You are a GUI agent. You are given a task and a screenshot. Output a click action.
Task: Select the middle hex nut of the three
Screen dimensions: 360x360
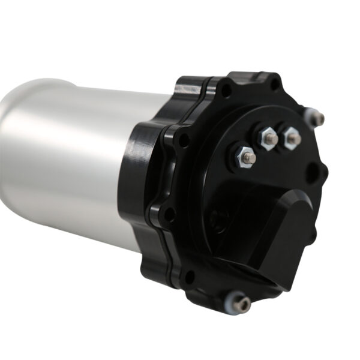coord(267,139)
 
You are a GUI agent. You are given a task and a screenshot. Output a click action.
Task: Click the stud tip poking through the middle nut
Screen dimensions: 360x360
coord(269,139)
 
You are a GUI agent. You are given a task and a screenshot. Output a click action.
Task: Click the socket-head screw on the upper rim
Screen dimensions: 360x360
coord(317,118)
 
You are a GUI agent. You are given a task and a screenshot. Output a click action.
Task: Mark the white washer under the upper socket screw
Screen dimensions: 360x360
coord(310,115)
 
